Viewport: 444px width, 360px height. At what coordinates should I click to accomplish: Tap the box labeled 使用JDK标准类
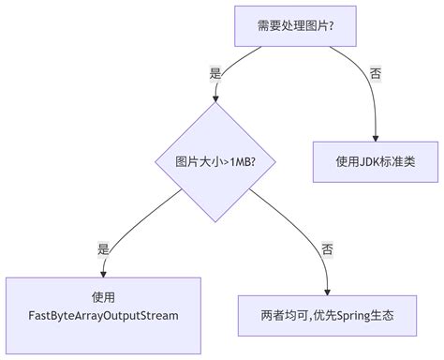[x=375, y=160]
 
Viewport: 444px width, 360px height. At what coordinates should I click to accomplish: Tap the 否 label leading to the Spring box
[x=327, y=248]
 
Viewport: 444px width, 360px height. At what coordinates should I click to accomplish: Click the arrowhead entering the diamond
[x=217, y=98]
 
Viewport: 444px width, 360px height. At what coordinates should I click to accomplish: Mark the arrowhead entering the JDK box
[x=375, y=138]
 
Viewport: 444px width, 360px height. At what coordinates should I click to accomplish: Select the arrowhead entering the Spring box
[x=327, y=292]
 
